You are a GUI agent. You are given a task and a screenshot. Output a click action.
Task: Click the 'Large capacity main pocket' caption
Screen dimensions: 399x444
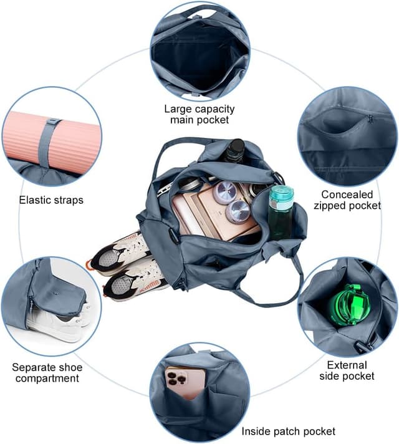[199, 114]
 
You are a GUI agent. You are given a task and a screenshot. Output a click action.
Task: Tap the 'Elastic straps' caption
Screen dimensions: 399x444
[51, 200]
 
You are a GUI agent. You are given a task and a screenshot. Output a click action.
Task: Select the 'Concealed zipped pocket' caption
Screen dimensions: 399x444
[347, 200]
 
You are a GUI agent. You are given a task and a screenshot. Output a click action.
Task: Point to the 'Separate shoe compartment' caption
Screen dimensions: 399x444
[47, 373]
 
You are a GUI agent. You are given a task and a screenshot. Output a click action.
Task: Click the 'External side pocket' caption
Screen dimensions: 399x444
[347, 370]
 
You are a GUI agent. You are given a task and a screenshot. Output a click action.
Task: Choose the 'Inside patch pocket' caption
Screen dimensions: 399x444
[288, 432]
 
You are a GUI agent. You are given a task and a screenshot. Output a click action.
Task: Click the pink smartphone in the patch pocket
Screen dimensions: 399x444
[186, 382]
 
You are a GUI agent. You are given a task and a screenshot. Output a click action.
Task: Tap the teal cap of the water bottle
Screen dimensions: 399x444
[281, 194]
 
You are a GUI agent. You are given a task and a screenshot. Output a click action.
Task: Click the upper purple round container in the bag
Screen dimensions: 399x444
[226, 193]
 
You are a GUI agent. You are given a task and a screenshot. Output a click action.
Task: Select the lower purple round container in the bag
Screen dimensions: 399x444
[238, 211]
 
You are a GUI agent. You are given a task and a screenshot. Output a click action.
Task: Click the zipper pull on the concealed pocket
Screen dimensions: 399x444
[370, 119]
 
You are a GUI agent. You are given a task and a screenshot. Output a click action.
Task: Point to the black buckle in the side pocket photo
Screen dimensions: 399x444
[361, 346]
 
